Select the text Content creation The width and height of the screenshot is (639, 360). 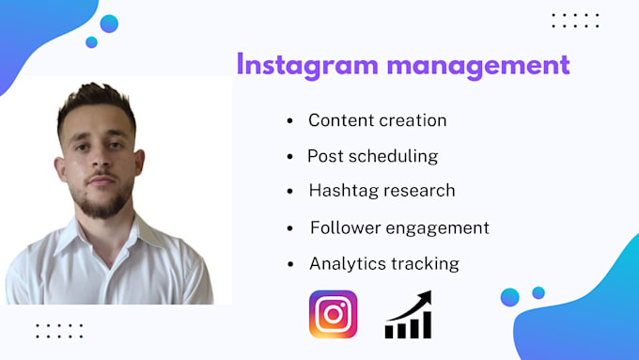coord(377,120)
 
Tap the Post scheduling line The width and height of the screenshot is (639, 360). coord(372,156)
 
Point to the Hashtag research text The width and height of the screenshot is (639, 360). coord(382,190)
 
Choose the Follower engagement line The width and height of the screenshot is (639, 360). coord(399,227)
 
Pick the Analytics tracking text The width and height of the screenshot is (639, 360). coord(383,263)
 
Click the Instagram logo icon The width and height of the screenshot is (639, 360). coord(334,314)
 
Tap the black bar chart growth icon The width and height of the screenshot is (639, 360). coord(409,316)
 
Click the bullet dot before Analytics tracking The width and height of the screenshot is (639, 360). coord(289,264)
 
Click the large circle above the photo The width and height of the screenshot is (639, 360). coord(109,24)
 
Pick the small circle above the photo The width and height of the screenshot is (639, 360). coord(91,42)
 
